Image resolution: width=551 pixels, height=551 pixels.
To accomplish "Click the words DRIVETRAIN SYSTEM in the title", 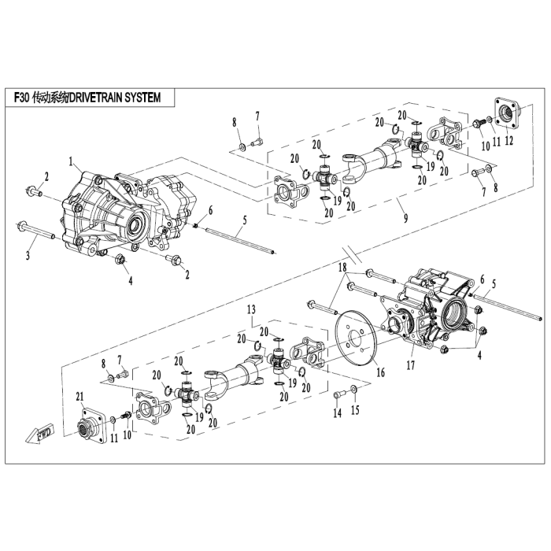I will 115,98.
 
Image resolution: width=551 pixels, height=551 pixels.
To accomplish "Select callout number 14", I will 336,413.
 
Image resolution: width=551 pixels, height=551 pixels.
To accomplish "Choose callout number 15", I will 354,409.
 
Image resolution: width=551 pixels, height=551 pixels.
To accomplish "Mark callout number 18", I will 342,269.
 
